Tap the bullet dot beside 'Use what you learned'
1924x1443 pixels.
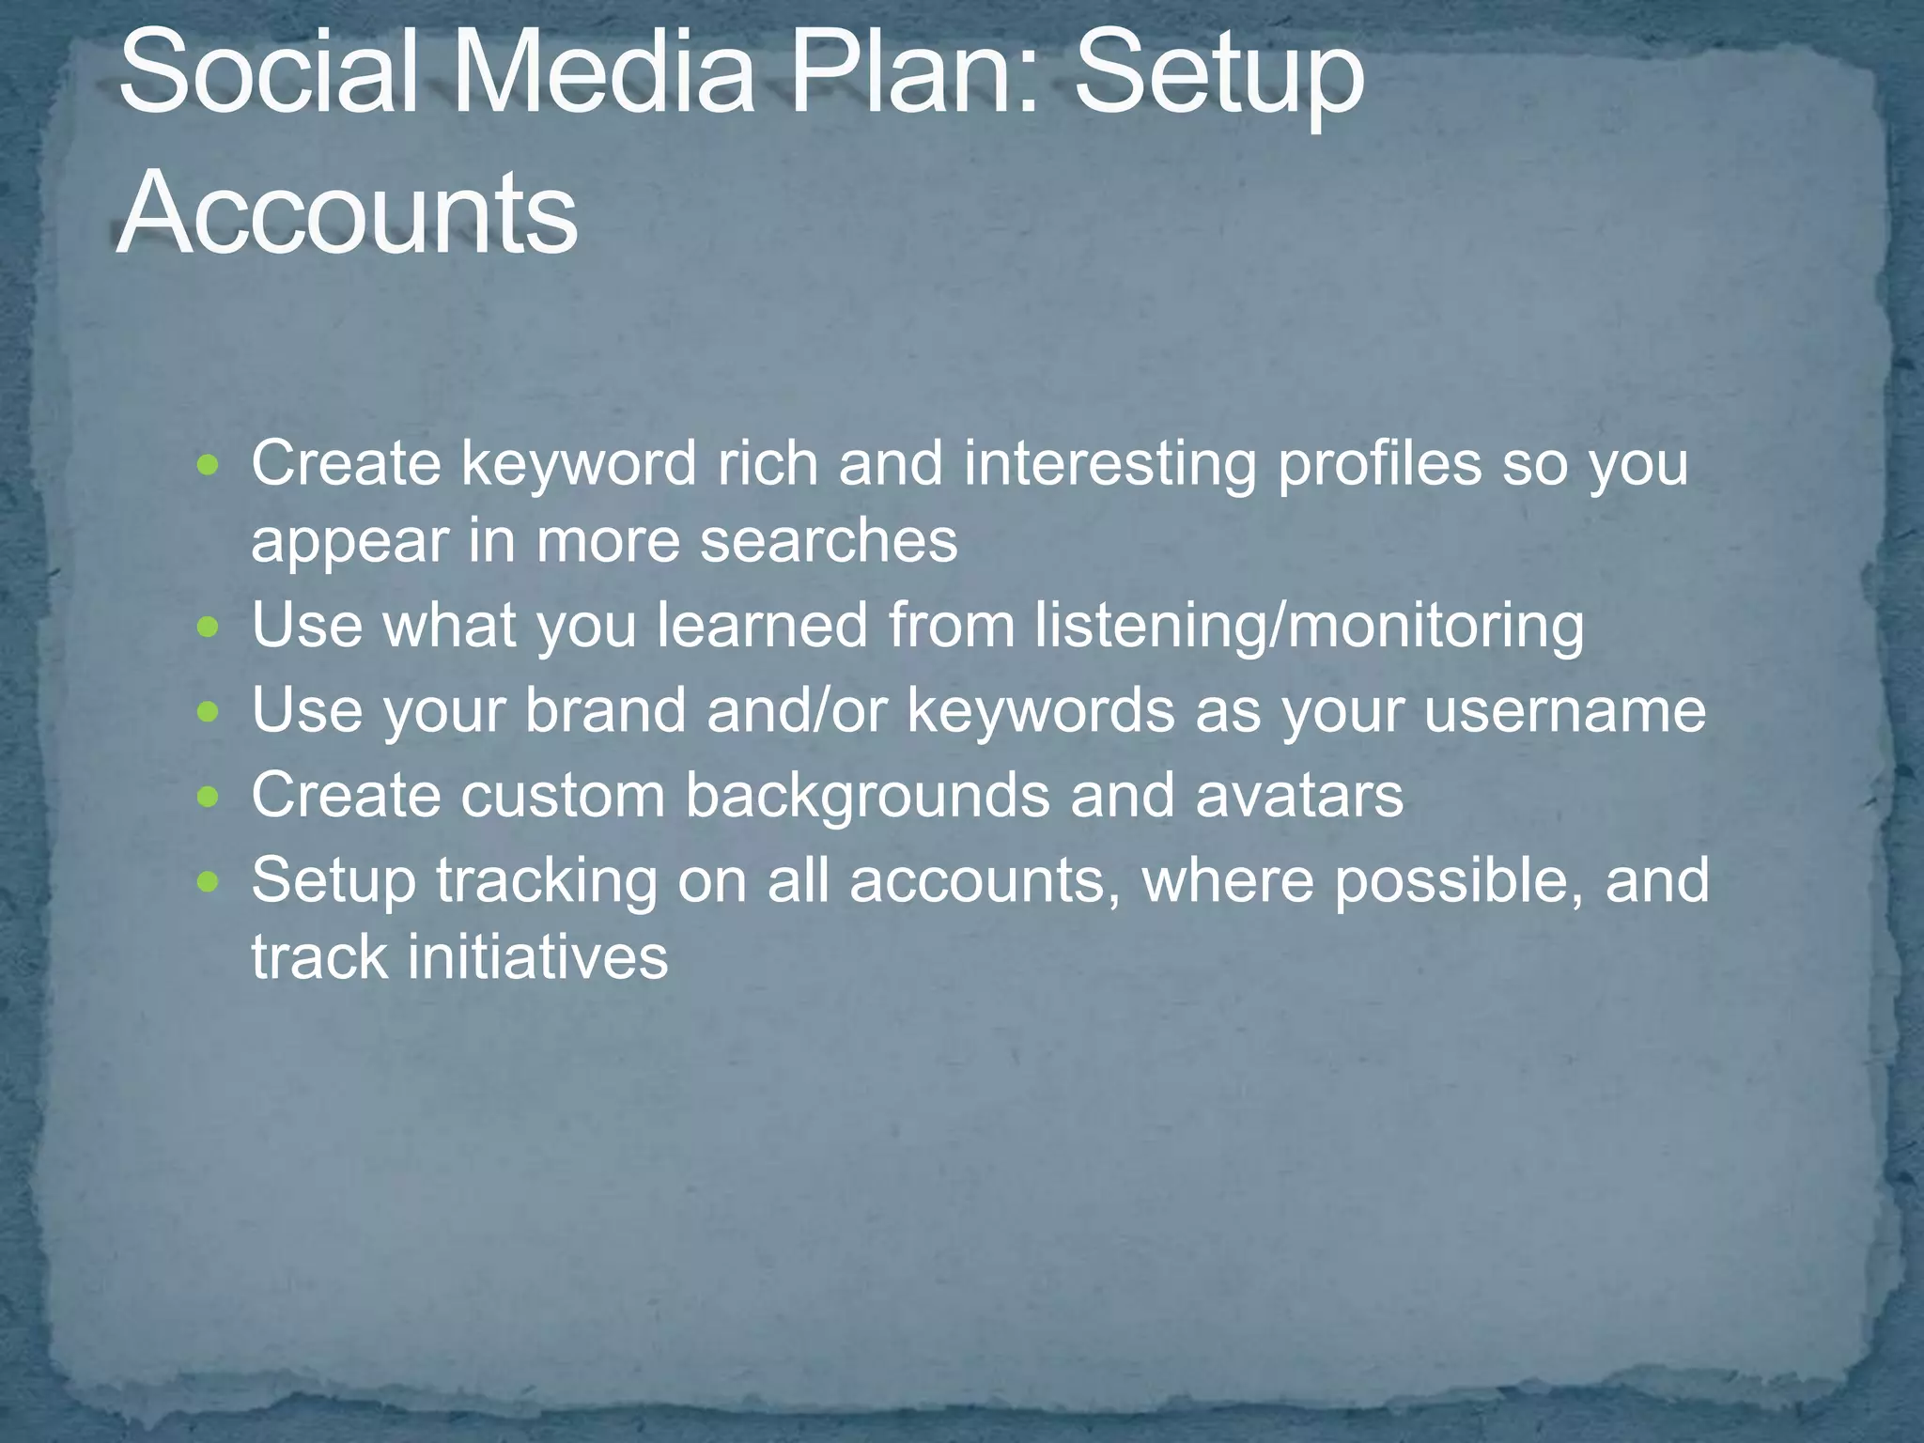pyautogui.click(x=209, y=626)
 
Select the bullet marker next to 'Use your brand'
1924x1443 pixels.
pyautogui.click(x=209, y=711)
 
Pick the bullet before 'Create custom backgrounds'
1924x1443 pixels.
pyautogui.click(x=209, y=797)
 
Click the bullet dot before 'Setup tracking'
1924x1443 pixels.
pyautogui.click(x=209, y=881)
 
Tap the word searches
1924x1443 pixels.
pyautogui.click(x=829, y=542)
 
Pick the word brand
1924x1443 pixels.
pyautogui.click(x=605, y=711)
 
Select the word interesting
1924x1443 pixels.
pyautogui.click(x=1109, y=465)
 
